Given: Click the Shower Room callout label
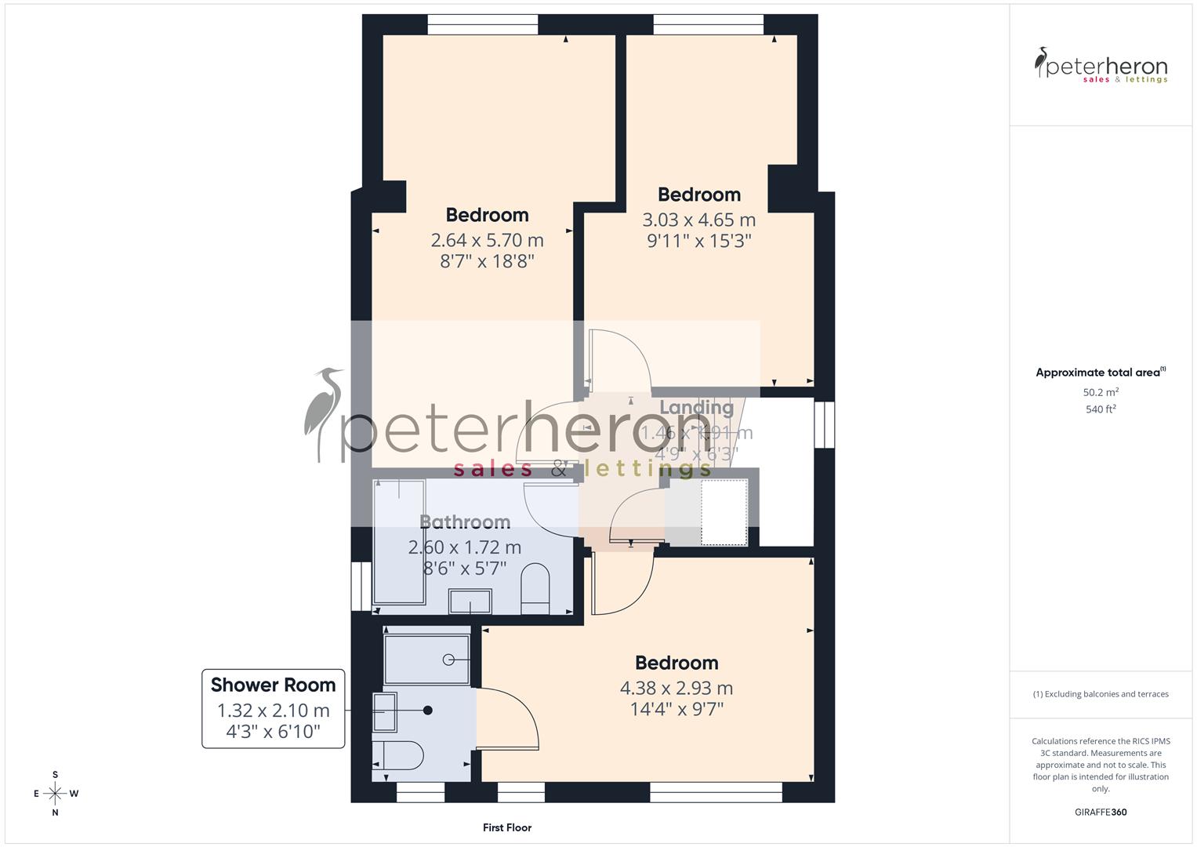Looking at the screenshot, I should (x=273, y=685).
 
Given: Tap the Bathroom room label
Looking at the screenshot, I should (x=465, y=522).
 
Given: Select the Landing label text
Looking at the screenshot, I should (x=696, y=407).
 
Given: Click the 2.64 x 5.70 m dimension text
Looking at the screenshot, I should (x=487, y=240).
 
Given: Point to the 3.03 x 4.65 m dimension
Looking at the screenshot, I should (x=698, y=220).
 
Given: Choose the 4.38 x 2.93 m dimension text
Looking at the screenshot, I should (x=676, y=689).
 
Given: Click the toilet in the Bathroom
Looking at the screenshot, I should (x=536, y=588).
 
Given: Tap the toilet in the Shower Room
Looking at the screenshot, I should (x=397, y=756).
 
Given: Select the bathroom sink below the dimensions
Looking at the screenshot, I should (x=470, y=602).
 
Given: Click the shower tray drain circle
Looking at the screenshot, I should (x=448, y=660).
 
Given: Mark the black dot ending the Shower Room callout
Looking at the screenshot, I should (x=428, y=711).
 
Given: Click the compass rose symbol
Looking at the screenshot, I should (x=55, y=794).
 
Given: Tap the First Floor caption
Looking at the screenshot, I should (x=507, y=827).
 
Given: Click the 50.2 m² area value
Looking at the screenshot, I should (x=1101, y=392).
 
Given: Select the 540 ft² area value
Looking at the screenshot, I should (x=1101, y=409).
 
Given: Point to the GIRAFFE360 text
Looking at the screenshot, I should (x=1101, y=812).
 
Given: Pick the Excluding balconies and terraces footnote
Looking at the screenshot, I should (x=1101, y=694).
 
